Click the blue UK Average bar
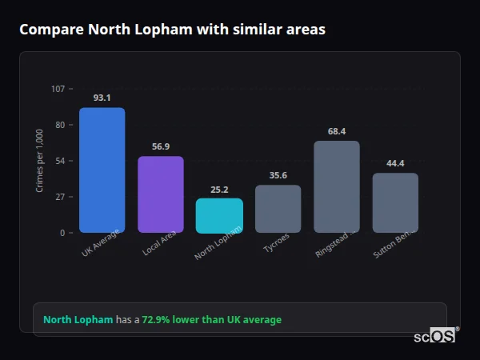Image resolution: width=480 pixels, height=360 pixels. [102, 170]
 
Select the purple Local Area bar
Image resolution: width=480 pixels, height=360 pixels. [160, 194]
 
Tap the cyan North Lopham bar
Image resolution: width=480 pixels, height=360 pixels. [219, 216]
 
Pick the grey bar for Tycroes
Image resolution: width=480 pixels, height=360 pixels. [278, 209]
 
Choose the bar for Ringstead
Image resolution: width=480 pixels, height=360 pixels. [336, 187]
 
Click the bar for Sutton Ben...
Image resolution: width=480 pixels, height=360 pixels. [395, 203]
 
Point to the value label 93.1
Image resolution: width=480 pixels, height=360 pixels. [102, 98]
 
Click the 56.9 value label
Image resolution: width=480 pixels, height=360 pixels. [160, 146]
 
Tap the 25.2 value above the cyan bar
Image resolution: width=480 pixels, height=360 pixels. [219, 190]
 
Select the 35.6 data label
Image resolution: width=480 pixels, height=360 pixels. [278, 175]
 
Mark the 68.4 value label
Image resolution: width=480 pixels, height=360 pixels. [336, 131]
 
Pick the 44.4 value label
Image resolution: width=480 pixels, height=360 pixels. [395, 163]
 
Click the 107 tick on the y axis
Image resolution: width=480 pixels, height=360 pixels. [58, 89]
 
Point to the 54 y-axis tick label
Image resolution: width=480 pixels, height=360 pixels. [60, 161]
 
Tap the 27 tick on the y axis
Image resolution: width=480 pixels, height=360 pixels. [60, 197]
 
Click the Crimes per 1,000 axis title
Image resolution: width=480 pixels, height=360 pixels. [40, 161]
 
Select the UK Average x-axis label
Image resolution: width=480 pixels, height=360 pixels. [100, 243]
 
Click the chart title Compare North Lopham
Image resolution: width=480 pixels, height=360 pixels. [172, 30]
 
